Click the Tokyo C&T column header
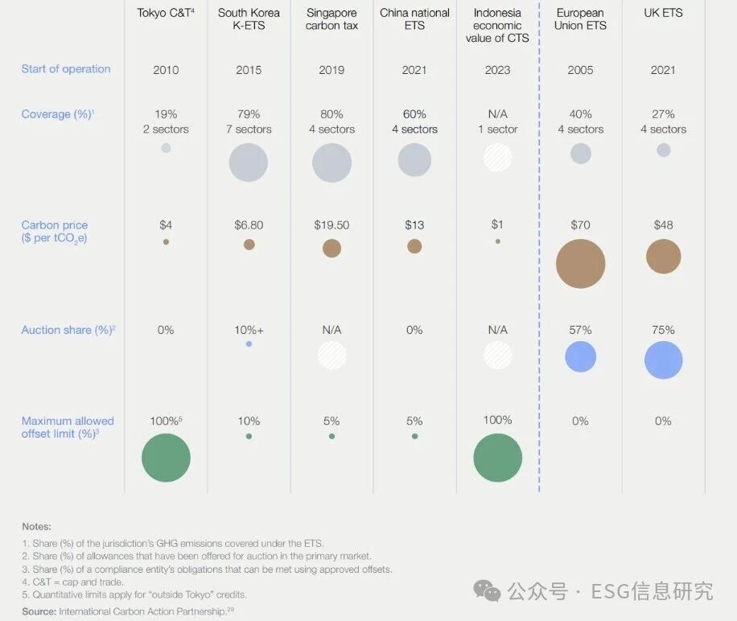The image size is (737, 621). click(166, 13)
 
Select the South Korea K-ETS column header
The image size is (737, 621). click(249, 19)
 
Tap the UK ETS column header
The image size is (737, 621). click(663, 13)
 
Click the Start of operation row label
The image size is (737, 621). click(66, 69)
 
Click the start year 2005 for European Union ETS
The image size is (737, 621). click(580, 70)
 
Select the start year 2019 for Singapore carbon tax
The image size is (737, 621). click(331, 70)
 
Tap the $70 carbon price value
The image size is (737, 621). click(580, 225)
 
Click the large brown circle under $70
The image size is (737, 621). click(580, 263)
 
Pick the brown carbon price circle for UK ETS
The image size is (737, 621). click(663, 257)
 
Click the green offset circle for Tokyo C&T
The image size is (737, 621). click(166, 458)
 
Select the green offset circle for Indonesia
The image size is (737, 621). click(497, 458)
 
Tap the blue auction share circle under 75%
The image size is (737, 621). click(663, 360)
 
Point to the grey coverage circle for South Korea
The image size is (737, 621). click(249, 163)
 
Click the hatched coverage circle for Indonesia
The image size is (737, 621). click(497, 157)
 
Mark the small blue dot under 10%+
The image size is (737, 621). click(249, 344)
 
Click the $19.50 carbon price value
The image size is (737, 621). click(331, 225)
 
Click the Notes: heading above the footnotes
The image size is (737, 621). click(36, 527)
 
